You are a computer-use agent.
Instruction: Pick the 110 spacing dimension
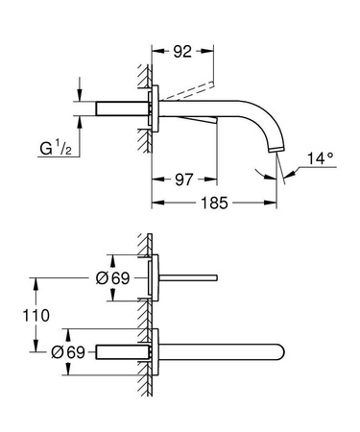click(x=20, y=314)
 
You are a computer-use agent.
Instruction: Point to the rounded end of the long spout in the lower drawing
click(x=280, y=351)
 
